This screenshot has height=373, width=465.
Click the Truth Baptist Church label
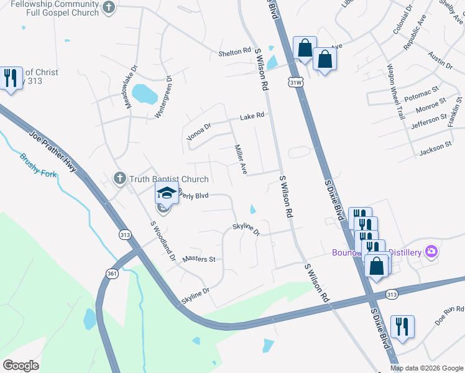pos(168,180)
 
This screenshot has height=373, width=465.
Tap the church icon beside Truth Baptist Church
pos(120,179)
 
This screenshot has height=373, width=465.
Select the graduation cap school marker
pos(167,193)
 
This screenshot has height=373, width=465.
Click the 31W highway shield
pos(297,81)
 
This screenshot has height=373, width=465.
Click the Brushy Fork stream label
pos(37,165)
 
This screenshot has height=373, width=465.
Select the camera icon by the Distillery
pos(431,252)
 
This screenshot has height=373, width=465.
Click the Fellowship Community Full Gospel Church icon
pos(109,8)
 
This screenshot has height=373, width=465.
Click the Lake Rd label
pos(252,116)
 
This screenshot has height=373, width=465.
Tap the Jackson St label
pos(435,147)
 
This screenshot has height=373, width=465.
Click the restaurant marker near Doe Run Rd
pos(402,326)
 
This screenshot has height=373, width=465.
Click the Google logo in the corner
pos(21,366)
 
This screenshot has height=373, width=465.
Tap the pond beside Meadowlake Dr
pos(145,94)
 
